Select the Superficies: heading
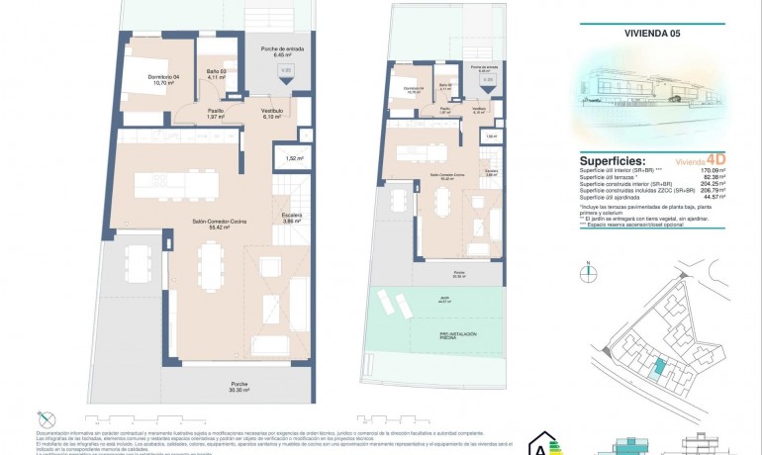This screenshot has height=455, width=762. tap(613, 160)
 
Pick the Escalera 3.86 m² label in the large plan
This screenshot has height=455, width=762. tap(290, 218)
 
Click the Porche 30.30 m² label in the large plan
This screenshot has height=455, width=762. tap(239, 387)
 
